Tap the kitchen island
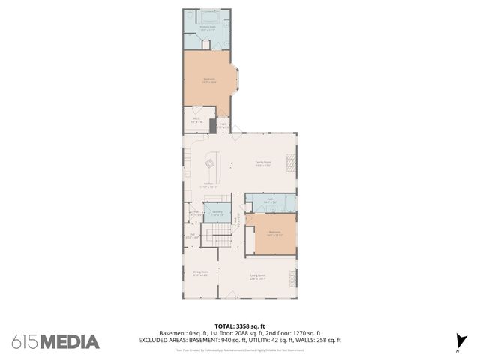tap(210, 162)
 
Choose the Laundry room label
tap(217, 213)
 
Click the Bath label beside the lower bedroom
tap(270, 202)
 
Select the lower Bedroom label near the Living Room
tap(274, 232)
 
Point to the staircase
tap(220, 241)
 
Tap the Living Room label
tap(259, 277)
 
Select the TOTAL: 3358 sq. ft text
tap(239, 325)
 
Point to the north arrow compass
tap(458, 343)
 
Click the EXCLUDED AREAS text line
tap(239, 340)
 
